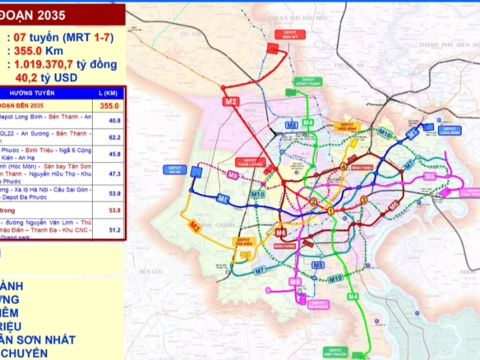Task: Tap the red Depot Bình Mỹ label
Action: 277,35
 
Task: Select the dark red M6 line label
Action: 280,233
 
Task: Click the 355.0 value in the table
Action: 109,106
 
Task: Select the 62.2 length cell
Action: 114,137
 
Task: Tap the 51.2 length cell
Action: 114,230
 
